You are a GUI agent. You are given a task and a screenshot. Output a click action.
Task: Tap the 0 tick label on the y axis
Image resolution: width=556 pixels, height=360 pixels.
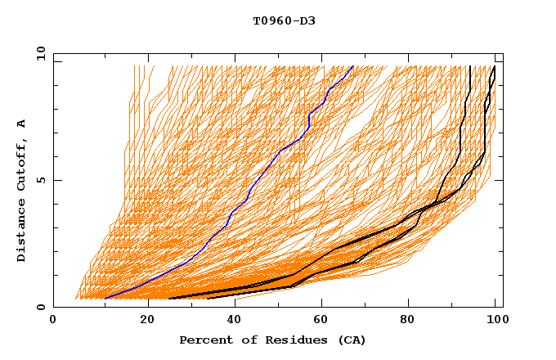click(41, 307)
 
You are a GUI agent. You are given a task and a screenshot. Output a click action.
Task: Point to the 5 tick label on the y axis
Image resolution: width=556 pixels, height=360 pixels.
click(41, 180)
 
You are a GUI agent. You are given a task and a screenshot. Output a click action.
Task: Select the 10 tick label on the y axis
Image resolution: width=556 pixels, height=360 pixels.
click(38, 53)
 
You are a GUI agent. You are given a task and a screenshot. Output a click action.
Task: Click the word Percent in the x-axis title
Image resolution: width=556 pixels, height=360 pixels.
click(204, 340)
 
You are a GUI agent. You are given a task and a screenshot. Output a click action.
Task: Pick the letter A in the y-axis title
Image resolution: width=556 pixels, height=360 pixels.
click(21, 123)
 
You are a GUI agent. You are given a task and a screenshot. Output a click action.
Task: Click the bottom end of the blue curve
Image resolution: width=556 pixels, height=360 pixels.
click(105, 299)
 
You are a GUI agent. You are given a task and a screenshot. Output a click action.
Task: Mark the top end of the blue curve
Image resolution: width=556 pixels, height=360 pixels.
click(352, 66)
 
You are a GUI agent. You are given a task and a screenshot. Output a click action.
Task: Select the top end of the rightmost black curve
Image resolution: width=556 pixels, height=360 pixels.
click(494, 66)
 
